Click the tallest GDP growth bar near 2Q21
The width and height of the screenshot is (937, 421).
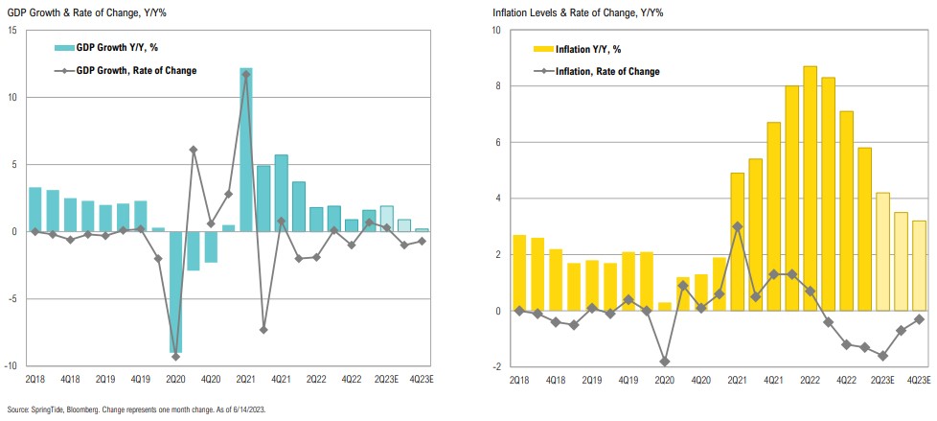[x=246, y=150]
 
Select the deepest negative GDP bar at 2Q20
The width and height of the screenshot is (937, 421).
[x=176, y=292]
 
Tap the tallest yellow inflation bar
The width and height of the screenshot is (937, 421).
[x=810, y=188]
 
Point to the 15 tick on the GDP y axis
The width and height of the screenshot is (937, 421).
[x=12, y=31]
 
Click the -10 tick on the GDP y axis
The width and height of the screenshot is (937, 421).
[x=11, y=365]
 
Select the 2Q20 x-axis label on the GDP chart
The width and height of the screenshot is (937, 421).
[x=176, y=381]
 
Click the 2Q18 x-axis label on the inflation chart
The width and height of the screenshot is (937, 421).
[x=520, y=381]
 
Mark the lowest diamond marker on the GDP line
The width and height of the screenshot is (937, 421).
[x=176, y=357]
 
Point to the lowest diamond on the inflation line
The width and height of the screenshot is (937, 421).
[x=663, y=362]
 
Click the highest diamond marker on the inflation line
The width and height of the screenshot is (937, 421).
[x=737, y=226]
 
